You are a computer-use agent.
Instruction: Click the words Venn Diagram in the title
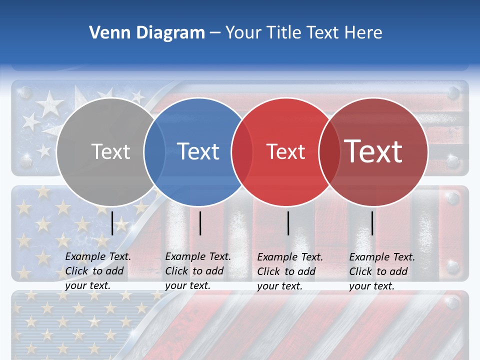click(x=147, y=33)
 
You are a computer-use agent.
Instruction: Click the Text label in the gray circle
click(x=110, y=151)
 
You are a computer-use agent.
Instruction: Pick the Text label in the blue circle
click(x=198, y=151)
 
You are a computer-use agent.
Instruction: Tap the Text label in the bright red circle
click(x=285, y=151)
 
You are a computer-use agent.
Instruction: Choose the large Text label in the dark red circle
click(x=373, y=151)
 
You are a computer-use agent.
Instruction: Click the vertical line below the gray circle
click(x=112, y=223)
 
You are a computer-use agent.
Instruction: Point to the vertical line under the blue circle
click(x=200, y=223)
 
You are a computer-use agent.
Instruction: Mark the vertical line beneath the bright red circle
click(x=288, y=223)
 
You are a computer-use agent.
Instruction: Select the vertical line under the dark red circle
click(x=372, y=223)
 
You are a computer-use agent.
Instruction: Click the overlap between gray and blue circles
click(x=154, y=151)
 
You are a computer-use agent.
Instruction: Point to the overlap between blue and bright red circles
click(x=242, y=151)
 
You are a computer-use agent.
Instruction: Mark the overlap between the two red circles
click(x=329, y=151)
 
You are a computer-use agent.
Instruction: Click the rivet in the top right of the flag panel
click(x=453, y=93)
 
